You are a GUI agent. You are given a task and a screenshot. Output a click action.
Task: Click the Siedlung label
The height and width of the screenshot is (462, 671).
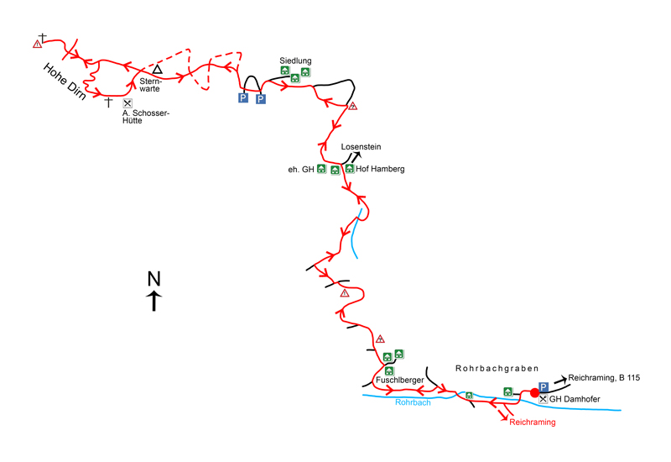pyautogui.click(x=296, y=60)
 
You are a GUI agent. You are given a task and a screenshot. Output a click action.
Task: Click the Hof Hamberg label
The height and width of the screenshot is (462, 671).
pyautogui.click(x=380, y=169)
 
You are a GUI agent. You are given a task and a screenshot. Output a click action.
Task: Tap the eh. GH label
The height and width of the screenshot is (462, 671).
pyautogui.click(x=299, y=169)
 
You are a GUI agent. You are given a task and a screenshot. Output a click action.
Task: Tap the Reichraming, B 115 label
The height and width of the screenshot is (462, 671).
pyautogui.click(x=604, y=379)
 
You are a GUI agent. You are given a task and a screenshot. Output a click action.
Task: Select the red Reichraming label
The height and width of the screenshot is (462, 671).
pyautogui.click(x=532, y=423)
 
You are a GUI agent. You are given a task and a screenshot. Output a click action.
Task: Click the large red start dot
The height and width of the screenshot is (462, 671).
pyautogui.click(x=533, y=392)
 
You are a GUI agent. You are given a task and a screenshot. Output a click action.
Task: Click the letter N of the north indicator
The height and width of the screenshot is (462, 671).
pyautogui.click(x=153, y=279)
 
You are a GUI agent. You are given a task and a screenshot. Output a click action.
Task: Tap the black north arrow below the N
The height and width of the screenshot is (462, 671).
pyautogui.click(x=153, y=301)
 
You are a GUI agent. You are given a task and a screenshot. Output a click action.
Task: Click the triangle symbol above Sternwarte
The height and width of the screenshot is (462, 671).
pyautogui.click(x=156, y=69)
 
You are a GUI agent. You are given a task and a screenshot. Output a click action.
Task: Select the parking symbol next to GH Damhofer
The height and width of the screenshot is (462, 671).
pyautogui.click(x=544, y=386)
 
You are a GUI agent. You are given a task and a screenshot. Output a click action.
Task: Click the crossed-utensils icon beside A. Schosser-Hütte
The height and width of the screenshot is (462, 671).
pyautogui.click(x=127, y=103)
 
